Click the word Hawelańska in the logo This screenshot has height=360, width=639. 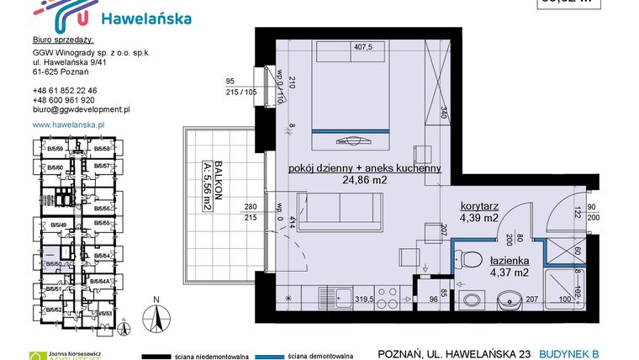[x=145, y=19]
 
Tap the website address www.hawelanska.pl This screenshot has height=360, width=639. [x=68, y=124]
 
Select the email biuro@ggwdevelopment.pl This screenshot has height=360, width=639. [x=81, y=109]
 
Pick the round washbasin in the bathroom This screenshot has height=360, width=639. [x=510, y=299]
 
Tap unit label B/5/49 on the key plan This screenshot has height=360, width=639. [x=58, y=225]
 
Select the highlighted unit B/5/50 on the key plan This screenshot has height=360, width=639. [x=55, y=264]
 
